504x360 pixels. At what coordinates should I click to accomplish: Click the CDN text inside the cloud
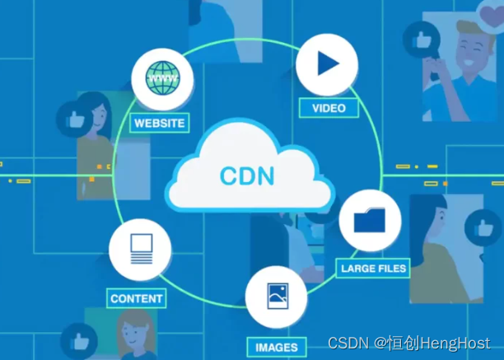click(x=247, y=175)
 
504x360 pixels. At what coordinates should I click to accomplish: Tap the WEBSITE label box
click(x=160, y=124)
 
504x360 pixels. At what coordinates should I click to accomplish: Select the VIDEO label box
click(x=329, y=108)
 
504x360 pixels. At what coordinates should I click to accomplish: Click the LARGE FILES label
click(x=373, y=269)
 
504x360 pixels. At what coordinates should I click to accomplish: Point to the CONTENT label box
click(x=137, y=298)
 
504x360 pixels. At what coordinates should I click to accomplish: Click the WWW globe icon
click(x=162, y=79)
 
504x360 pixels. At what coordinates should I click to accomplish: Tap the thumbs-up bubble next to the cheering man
click(x=419, y=40)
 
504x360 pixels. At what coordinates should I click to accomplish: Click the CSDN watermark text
click(x=346, y=343)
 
